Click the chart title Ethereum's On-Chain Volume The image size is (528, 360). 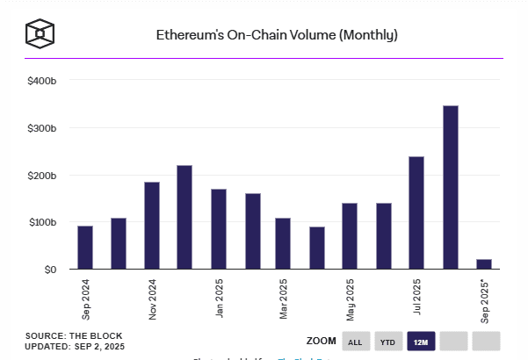[277, 35]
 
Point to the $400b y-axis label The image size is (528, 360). [42, 81]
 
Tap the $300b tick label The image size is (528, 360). [42, 128]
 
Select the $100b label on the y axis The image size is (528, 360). [42, 222]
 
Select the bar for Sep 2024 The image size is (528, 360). [85, 247]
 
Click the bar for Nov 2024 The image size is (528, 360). [152, 225]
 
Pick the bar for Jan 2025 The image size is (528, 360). [219, 228]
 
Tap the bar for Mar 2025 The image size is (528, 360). [283, 243]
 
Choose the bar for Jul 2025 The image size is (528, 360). [416, 212]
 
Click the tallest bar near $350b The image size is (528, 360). [451, 187]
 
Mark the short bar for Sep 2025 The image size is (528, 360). [484, 263]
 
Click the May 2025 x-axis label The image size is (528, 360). [350, 299]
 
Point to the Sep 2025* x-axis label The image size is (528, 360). [484, 301]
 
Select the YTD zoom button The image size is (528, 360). [387, 342]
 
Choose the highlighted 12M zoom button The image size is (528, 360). [419, 342]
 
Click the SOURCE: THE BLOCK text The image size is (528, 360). [74, 335]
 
